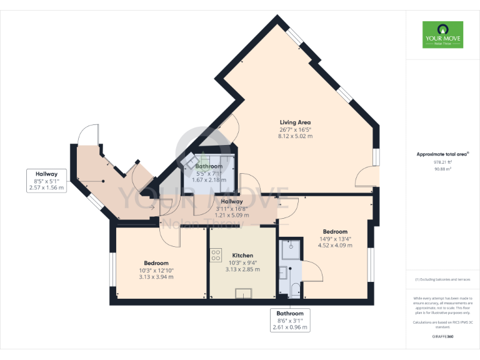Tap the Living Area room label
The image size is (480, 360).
point(295,122)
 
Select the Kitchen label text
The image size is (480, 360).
point(242,256)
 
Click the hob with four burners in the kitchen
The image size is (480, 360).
point(217,255)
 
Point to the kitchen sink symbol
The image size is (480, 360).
point(242,294)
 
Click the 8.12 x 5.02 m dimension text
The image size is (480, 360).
point(295,136)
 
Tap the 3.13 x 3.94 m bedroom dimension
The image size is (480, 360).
point(156,277)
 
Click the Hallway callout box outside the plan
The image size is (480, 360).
point(47,181)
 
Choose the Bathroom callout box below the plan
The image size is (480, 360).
point(290,320)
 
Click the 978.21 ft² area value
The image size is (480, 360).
point(442,161)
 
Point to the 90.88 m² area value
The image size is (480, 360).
point(442,169)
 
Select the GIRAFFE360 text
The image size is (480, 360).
point(442,336)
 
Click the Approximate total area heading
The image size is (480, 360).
point(442,154)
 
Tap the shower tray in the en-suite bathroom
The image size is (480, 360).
point(290,250)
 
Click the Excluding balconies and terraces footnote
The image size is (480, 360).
point(442,279)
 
